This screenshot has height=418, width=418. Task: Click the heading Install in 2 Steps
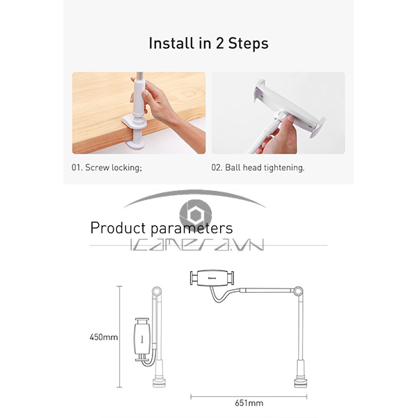(x=208, y=43)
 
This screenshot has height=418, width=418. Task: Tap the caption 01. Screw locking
(x=107, y=168)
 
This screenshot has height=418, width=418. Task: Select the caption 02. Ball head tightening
(x=258, y=168)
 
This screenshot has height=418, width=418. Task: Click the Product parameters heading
(x=162, y=229)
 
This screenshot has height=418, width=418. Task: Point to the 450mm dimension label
(x=104, y=337)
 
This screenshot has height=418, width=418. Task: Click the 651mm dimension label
(x=249, y=403)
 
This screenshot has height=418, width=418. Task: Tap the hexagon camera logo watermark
(x=196, y=214)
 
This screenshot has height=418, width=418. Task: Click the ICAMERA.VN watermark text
(x=197, y=245)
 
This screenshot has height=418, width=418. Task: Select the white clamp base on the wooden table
(x=134, y=132)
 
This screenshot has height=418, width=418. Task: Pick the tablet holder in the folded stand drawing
(x=142, y=339)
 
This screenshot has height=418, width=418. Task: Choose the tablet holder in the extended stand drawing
(x=212, y=278)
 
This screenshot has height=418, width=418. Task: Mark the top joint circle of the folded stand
(x=157, y=291)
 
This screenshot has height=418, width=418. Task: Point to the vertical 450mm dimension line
(x=119, y=336)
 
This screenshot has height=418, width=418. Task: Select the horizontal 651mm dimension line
(x=249, y=396)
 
